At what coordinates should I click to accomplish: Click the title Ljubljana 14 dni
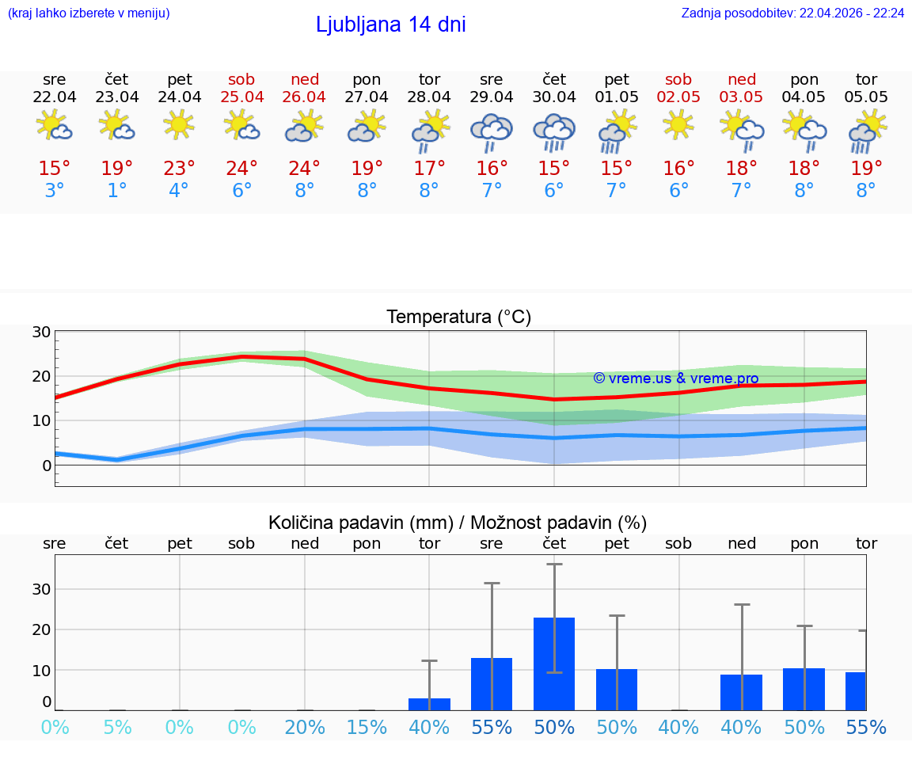click(390, 25)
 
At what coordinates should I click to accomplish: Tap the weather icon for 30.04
click(554, 131)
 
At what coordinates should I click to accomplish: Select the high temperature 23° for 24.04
click(179, 169)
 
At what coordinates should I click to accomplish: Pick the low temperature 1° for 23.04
click(116, 191)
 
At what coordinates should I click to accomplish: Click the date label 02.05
click(678, 97)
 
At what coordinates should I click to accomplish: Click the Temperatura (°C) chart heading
click(458, 318)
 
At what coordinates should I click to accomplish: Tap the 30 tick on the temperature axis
click(41, 332)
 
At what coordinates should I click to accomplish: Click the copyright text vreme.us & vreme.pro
click(675, 378)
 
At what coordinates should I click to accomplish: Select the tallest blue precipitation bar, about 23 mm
click(554, 664)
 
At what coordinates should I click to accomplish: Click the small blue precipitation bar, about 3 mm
click(429, 704)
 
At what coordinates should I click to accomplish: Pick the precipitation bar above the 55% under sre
click(492, 684)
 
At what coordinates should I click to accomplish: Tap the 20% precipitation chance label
click(305, 728)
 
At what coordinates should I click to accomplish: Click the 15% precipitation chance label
click(367, 728)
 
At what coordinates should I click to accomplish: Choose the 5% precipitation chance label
click(117, 728)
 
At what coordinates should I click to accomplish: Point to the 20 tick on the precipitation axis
click(41, 629)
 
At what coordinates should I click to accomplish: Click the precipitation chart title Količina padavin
click(458, 523)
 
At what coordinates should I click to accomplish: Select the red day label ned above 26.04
click(305, 79)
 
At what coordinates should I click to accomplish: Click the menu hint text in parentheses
click(89, 13)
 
